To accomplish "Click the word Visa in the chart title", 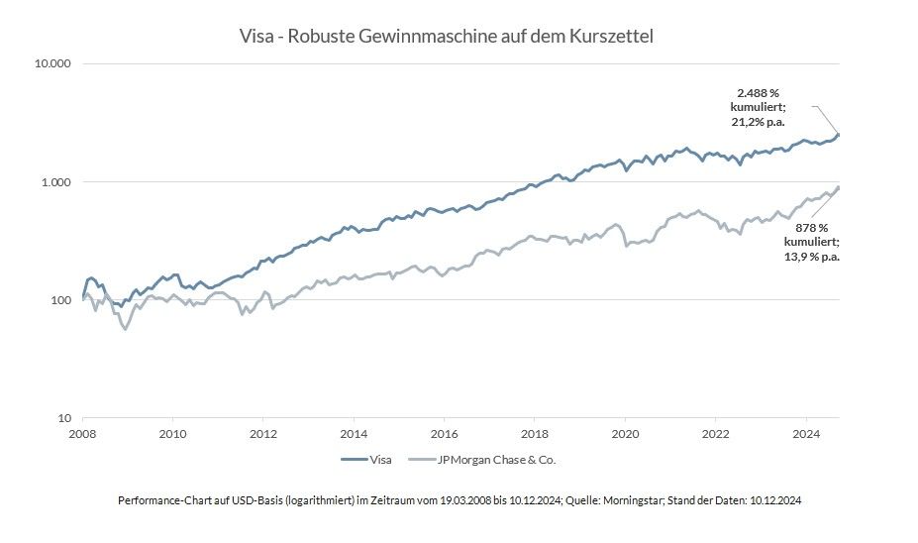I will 255,37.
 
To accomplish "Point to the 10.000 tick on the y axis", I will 53,64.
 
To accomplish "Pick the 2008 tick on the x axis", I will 82,433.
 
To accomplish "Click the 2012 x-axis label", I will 262,433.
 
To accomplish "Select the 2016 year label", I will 445,433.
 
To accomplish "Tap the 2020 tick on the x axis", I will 625,433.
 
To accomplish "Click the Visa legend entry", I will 379,460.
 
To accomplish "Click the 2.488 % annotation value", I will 759,93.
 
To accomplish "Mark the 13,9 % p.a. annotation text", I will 812,256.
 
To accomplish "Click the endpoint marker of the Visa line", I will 839,135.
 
